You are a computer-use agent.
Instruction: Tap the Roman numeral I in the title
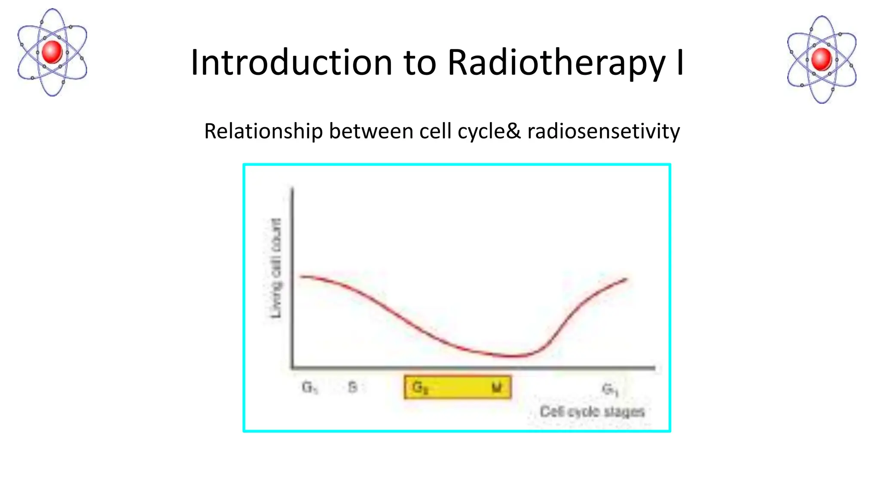pyautogui.click(x=679, y=63)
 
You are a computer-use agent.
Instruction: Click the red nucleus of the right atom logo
pyautogui.click(x=822, y=59)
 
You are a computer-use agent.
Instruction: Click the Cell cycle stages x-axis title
pyautogui.click(x=592, y=412)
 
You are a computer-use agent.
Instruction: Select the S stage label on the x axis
pyautogui.click(x=352, y=387)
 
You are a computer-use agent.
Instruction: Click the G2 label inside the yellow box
pyautogui.click(x=420, y=388)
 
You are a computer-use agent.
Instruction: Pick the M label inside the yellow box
pyautogui.click(x=496, y=388)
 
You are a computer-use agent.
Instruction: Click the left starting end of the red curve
pyautogui.click(x=301, y=276)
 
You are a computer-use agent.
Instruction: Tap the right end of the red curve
pyautogui.click(x=626, y=279)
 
